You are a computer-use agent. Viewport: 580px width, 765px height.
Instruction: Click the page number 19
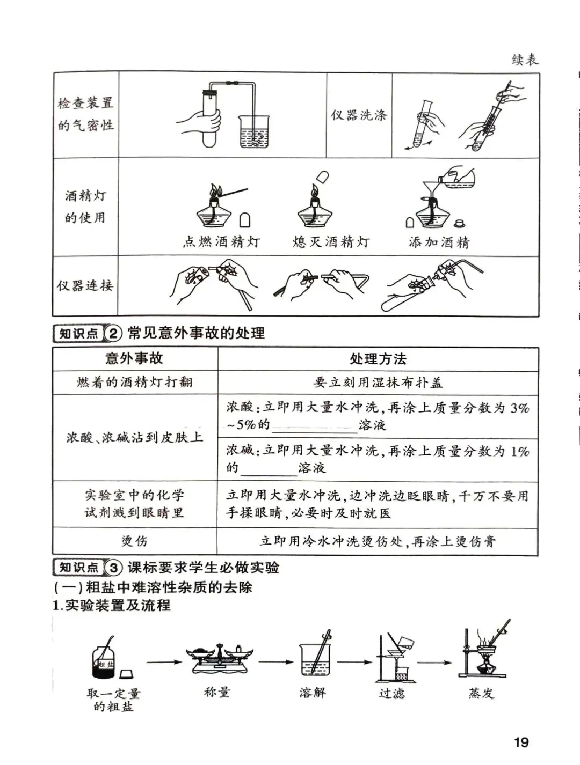[x=521, y=742]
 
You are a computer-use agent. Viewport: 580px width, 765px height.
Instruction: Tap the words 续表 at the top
[x=525, y=60]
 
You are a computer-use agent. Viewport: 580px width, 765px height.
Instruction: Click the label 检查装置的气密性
[x=86, y=114]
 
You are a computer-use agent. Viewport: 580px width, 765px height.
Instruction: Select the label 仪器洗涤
[x=359, y=115]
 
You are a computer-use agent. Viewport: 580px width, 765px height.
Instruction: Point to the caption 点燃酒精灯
[x=221, y=242]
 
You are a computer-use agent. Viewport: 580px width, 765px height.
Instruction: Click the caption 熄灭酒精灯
[x=331, y=242]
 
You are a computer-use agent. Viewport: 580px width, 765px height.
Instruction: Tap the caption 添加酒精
[x=439, y=242]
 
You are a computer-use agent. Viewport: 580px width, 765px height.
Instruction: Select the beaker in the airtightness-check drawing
[x=254, y=132]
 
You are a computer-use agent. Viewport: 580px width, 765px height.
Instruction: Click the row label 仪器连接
[x=85, y=285]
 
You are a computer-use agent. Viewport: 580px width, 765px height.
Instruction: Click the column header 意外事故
[x=134, y=358]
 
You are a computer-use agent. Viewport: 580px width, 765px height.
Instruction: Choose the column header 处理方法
[x=378, y=359]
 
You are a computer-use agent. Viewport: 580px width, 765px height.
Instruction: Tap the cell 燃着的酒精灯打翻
[x=134, y=383]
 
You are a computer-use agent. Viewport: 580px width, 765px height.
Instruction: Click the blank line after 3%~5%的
[x=315, y=427]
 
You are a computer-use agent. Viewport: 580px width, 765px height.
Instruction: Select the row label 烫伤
[x=134, y=541]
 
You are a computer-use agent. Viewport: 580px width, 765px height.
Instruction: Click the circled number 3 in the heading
[x=114, y=568]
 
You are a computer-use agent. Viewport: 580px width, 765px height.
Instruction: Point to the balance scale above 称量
[x=220, y=659]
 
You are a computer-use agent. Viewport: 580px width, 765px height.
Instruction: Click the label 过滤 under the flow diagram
[x=392, y=693]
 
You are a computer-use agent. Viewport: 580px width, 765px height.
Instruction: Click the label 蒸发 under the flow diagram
[x=481, y=693]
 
